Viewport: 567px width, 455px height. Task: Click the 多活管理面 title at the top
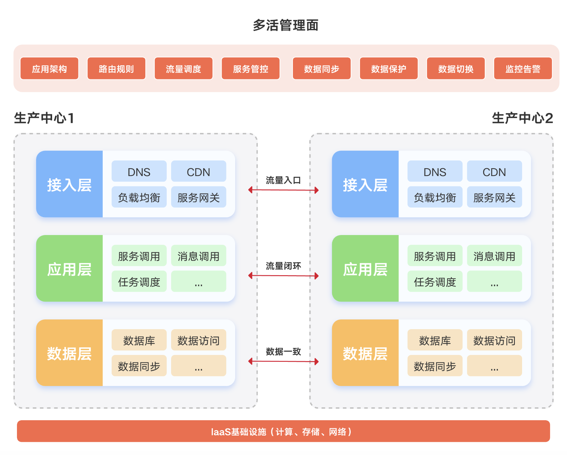coord(285,25)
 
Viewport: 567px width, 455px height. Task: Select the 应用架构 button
coord(49,68)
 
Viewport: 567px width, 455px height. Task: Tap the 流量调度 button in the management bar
coord(183,68)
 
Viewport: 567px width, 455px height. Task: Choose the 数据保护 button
coord(389,68)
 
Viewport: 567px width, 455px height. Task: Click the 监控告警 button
coord(523,68)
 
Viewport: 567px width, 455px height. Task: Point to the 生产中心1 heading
coord(44,118)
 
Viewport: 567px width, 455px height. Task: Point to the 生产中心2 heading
coord(522,118)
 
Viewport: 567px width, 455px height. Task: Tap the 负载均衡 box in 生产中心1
coord(139,197)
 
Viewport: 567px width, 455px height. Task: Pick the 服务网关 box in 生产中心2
coord(494,197)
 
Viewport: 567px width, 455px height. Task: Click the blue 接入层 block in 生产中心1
coord(69,184)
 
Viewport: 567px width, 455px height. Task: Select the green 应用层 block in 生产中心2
coord(365,269)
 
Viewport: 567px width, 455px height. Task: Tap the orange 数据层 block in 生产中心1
coord(69,353)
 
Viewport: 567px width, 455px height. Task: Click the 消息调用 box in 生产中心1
coord(198,256)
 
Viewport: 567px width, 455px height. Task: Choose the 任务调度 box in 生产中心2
coord(435,281)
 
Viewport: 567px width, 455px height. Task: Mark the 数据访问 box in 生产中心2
coord(494,340)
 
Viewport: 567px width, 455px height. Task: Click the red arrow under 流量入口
coord(283,190)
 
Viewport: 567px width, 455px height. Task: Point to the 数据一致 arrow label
coord(283,351)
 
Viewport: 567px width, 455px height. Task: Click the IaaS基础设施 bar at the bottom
coord(283,431)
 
